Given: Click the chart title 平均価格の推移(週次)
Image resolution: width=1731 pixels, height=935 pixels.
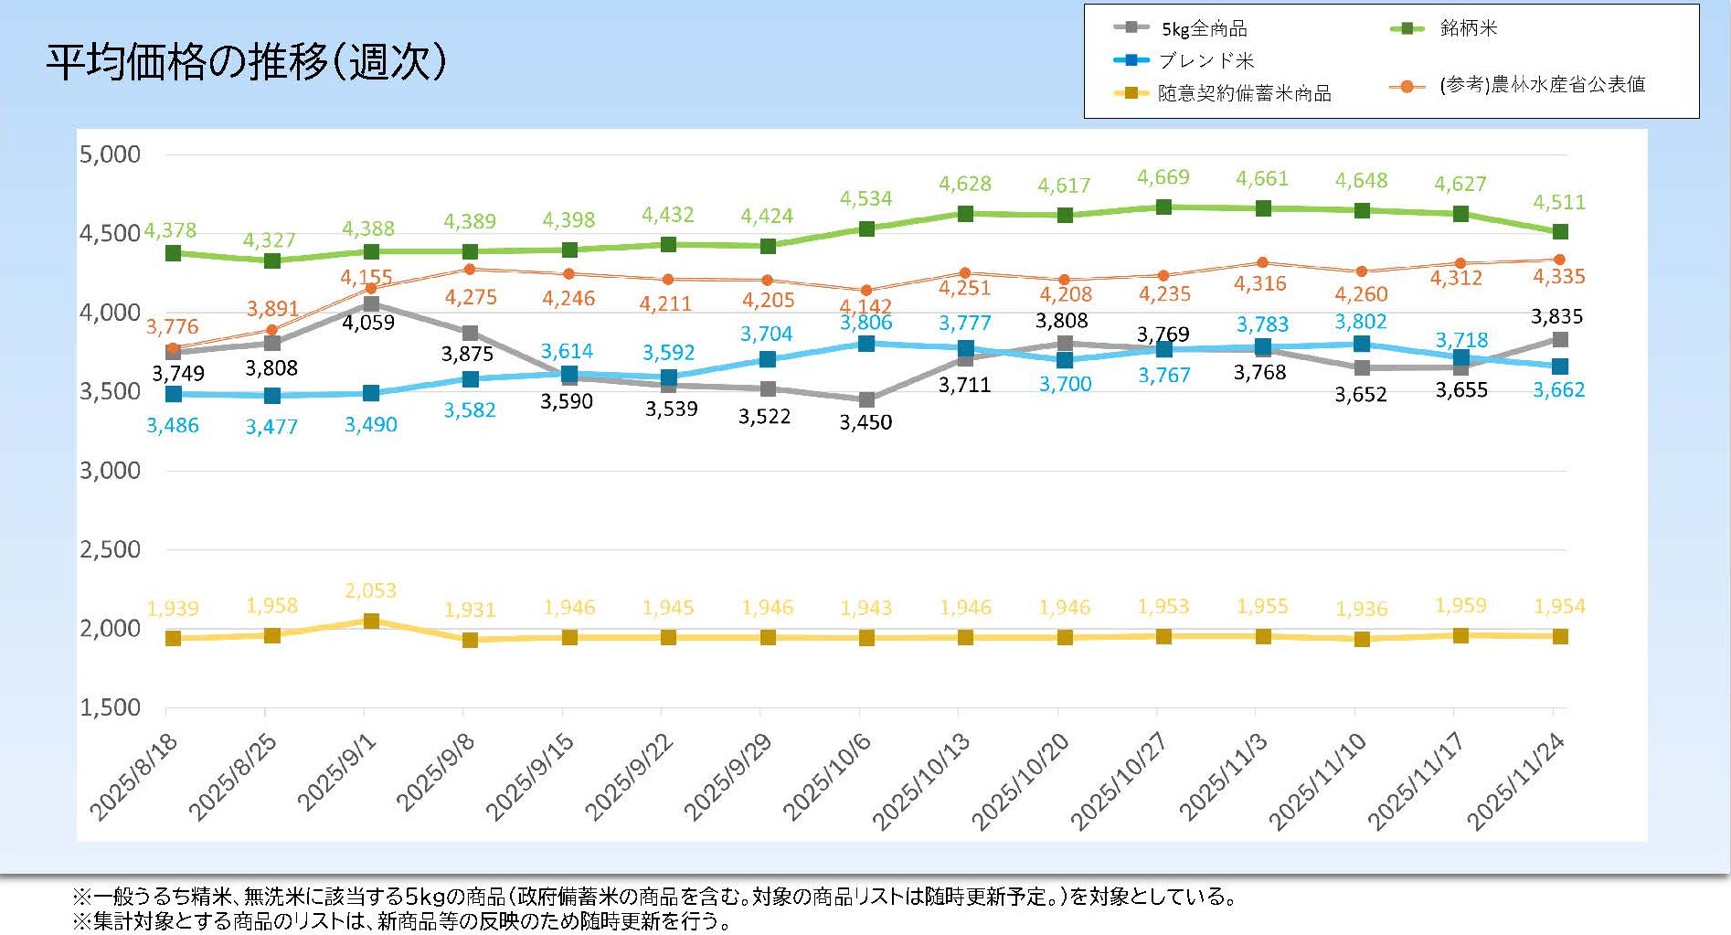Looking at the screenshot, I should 247,62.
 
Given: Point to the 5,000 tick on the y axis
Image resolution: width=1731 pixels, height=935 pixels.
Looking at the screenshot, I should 110,154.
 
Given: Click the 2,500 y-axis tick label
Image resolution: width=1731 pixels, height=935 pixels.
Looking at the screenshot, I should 110,549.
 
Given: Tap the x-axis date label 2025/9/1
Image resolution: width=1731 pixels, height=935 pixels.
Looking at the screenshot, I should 336,772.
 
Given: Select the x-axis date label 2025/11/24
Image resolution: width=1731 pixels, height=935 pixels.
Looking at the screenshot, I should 1515,781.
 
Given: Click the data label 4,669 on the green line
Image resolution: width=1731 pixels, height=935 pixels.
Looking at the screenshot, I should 1163,177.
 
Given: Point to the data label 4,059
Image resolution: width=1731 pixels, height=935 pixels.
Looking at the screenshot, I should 368,322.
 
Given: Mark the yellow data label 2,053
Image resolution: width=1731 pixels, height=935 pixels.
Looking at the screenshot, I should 370,590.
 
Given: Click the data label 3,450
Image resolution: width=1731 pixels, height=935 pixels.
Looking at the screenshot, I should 865,422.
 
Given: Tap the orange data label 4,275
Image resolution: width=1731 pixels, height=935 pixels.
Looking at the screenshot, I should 471,297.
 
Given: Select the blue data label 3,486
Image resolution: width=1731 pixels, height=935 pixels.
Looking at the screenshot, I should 173,425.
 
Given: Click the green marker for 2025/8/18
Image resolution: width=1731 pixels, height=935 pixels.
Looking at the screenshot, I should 173,253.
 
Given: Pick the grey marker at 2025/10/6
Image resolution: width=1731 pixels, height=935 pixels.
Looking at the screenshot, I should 866,399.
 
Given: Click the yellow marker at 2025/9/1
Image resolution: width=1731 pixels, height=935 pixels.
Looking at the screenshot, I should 371,622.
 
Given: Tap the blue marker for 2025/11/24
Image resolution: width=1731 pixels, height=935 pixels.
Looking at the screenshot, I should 1559,367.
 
